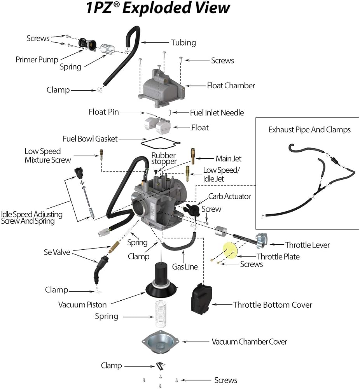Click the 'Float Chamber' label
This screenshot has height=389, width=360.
point(231,86)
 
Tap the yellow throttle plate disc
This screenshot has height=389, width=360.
point(230,250)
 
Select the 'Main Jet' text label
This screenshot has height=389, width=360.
point(228,159)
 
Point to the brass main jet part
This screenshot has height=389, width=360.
point(193,156)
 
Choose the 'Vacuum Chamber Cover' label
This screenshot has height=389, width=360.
point(249,342)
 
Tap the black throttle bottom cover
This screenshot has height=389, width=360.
point(201,299)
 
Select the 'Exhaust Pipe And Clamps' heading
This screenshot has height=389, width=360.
point(309,130)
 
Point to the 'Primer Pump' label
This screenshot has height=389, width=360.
point(37,60)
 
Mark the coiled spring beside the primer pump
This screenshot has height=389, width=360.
point(108,49)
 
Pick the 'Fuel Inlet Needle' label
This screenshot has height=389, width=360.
point(217,113)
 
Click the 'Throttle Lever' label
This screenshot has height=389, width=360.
point(307,245)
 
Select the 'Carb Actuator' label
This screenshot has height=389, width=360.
point(229,196)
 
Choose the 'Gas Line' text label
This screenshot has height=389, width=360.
point(185,267)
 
